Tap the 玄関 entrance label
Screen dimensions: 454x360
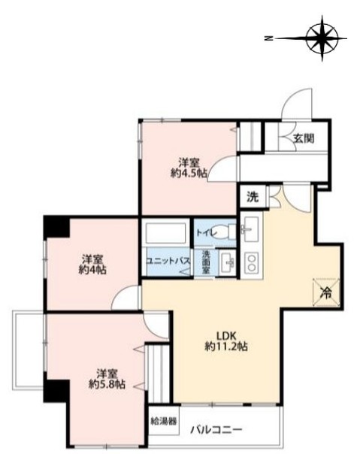tap(304, 138)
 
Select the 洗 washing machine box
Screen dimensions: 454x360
tap(253, 197)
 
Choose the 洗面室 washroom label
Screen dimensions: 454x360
tap(206, 262)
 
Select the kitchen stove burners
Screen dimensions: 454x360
tap(251, 262)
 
